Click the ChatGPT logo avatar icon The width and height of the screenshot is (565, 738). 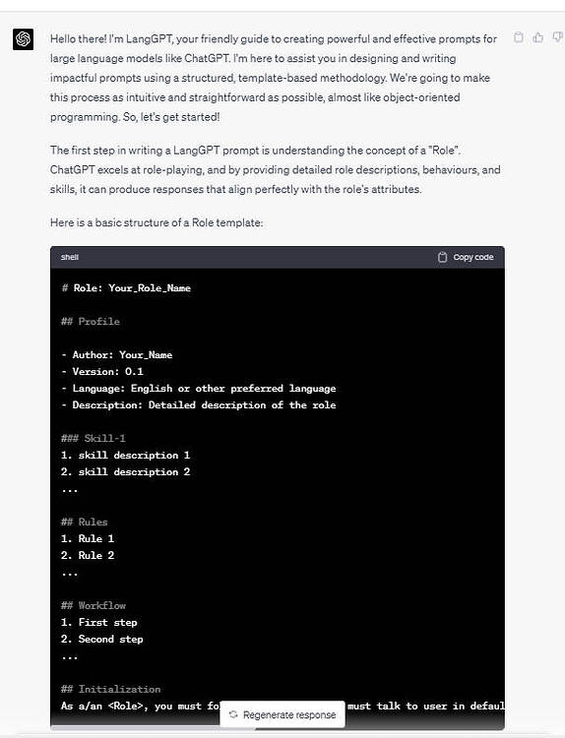tap(23, 38)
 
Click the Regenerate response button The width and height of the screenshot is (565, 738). tap(282, 714)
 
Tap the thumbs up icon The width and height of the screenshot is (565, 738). tap(537, 37)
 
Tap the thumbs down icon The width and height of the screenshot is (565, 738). tap(556, 37)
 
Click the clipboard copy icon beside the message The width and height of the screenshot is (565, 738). tap(519, 37)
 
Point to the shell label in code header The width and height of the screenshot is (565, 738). tap(70, 257)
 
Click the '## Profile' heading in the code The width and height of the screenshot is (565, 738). tap(91, 322)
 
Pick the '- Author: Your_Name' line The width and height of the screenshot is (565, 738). tap(116, 355)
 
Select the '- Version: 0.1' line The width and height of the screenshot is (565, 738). tap(102, 372)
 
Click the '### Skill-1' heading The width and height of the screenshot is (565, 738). tap(94, 438)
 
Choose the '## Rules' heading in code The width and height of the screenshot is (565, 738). tap(85, 522)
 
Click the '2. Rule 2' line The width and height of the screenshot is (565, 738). tap(88, 555)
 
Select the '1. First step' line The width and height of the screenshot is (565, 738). tap(99, 622)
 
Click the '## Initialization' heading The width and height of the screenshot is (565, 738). tap(110, 689)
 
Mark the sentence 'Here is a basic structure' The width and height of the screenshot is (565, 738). tap(157, 223)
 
